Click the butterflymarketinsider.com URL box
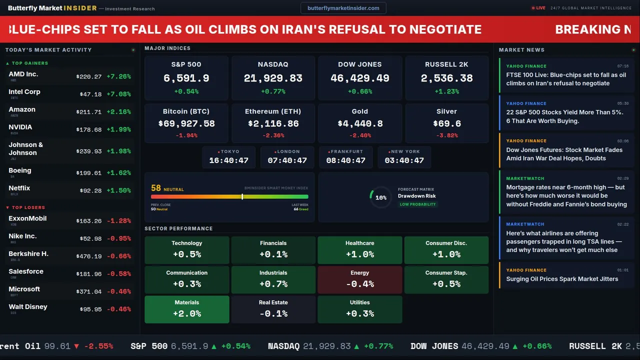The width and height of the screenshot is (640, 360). click(x=343, y=8)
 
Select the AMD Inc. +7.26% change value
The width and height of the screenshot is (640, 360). click(x=118, y=76)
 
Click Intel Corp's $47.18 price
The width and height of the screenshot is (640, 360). click(x=90, y=94)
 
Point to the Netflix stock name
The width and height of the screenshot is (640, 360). click(x=19, y=188)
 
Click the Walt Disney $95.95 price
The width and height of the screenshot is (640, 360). click(x=90, y=309)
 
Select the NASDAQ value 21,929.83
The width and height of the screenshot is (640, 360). click(x=273, y=78)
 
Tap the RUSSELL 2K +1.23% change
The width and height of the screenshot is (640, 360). click(x=446, y=91)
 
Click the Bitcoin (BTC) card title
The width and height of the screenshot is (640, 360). click(x=186, y=111)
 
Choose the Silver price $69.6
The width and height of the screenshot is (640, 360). click(x=446, y=123)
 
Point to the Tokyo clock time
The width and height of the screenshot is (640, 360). click(x=228, y=160)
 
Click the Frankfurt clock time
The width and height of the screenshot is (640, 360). click(x=345, y=160)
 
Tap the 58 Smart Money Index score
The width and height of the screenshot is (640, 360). click(x=156, y=188)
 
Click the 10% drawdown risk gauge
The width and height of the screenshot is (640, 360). click(x=380, y=197)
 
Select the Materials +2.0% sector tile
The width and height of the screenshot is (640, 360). click(x=187, y=309)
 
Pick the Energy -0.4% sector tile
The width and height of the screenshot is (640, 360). click(x=359, y=279)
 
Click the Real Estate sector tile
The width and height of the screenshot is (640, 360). click(x=273, y=309)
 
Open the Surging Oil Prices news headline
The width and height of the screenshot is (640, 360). click(x=562, y=279)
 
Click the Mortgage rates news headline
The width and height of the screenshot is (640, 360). click(x=566, y=195)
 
